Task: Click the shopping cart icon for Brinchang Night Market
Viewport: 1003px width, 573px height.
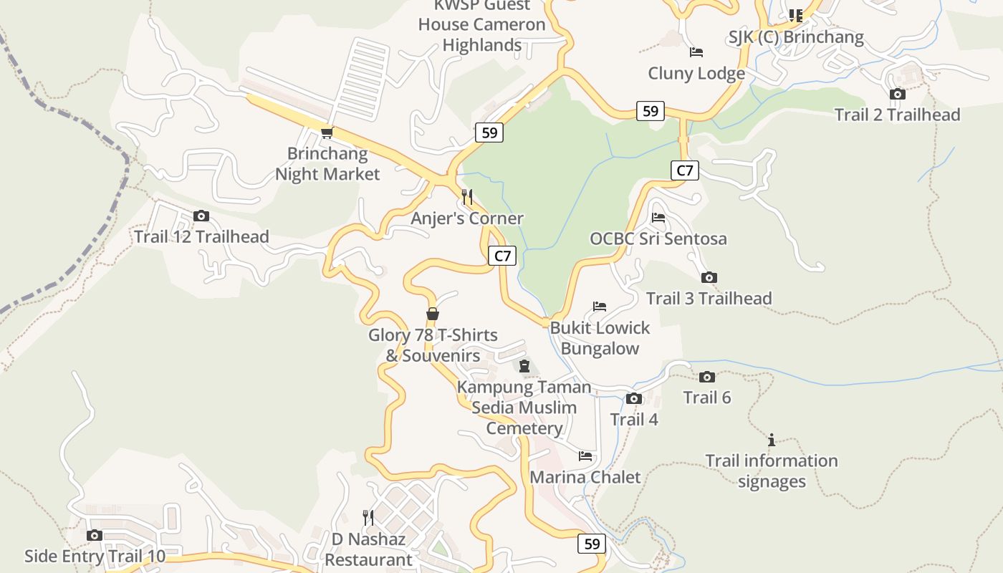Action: (x=327, y=133)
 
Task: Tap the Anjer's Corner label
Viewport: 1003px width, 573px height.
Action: (x=467, y=218)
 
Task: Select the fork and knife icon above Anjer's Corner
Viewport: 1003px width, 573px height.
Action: (x=467, y=196)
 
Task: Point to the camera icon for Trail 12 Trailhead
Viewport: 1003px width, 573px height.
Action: (x=201, y=216)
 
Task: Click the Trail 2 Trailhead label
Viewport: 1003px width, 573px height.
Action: (x=897, y=115)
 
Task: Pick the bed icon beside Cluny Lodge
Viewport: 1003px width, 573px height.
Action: (x=696, y=52)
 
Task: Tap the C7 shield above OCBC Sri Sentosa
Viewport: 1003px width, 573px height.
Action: (x=685, y=170)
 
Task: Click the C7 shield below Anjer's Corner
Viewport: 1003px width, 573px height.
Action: (x=502, y=256)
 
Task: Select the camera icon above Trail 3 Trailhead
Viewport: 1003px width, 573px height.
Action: (x=709, y=277)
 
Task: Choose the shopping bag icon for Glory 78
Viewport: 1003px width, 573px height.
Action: (x=432, y=314)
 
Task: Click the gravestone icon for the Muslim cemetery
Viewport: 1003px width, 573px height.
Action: (x=524, y=367)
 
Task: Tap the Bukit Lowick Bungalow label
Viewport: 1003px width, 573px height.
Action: (x=600, y=338)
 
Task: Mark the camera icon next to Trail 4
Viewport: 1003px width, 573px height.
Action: (x=633, y=398)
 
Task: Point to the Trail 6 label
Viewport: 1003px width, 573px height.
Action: (x=706, y=398)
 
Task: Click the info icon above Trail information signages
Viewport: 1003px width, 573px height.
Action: (x=772, y=439)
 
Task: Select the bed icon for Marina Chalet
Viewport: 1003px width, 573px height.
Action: (x=585, y=456)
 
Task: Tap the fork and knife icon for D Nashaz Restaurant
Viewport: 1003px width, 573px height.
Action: (x=368, y=517)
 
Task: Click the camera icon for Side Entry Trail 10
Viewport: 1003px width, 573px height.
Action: (x=94, y=535)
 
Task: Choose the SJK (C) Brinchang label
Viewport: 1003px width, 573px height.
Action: (x=796, y=37)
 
